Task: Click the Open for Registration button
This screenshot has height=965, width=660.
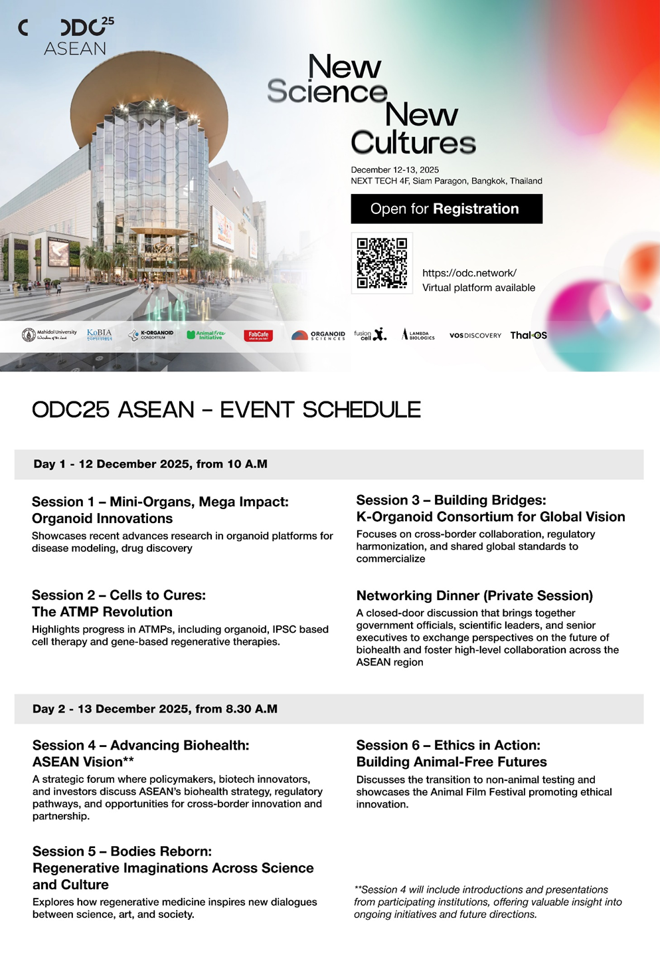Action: click(446, 209)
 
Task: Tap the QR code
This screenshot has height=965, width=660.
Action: click(382, 263)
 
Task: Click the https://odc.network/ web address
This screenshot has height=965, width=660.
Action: click(469, 273)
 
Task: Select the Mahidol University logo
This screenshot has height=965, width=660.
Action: click(49, 334)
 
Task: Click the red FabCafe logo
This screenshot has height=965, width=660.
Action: click(258, 335)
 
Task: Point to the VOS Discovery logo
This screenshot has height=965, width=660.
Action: click(475, 335)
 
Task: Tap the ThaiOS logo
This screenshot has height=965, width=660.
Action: click(529, 335)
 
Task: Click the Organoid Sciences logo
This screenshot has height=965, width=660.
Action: click(319, 335)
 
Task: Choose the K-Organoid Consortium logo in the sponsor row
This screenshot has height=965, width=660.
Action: click(151, 335)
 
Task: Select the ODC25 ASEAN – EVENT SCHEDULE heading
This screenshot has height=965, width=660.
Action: click(226, 409)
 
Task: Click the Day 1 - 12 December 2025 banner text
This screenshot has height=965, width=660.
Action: click(151, 464)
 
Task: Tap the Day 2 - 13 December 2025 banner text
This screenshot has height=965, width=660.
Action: click(155, 708)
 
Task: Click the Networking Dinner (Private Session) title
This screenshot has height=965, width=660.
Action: click(474, 595)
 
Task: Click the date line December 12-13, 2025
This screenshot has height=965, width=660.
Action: click(394, 169)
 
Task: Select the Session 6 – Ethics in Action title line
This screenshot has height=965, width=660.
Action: click(448, 745)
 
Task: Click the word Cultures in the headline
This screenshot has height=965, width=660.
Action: click(413, 142)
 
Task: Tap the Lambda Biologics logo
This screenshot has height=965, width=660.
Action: click(418, 335)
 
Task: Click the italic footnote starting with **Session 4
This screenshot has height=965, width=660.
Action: click(487, 902)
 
